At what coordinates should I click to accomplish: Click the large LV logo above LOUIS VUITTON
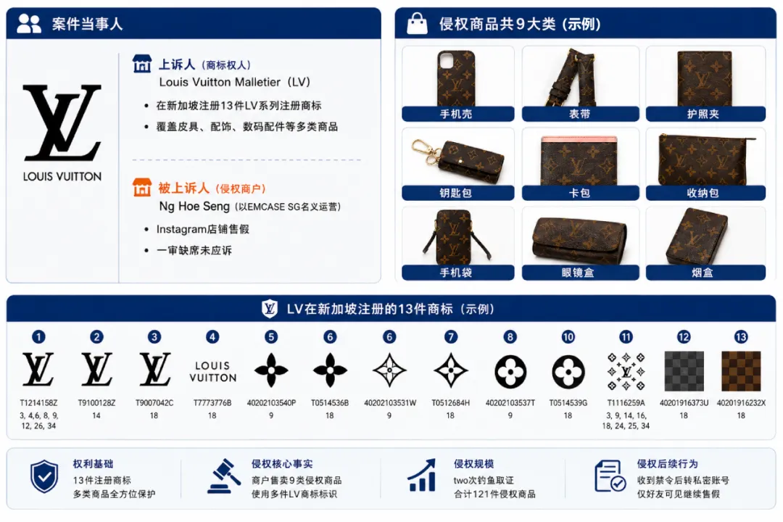coord(62,123)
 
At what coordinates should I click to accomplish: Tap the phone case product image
coord(456,78)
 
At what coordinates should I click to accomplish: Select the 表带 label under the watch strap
coord(580,114)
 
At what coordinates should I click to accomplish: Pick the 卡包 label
coord(580,193)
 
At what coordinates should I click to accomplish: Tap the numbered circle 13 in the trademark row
coord(741,337)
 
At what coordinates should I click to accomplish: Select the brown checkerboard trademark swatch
coord(742,371)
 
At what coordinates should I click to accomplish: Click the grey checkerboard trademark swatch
coord(684,371)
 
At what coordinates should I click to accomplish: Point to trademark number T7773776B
coord(212,402)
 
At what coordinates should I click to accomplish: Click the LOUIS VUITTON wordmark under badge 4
coord(212,372)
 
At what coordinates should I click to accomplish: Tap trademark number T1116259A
coord(626,402)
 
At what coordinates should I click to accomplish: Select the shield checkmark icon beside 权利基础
coord(44,476)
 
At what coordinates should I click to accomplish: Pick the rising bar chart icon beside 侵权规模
coord(423,475)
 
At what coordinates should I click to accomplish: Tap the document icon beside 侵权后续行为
coord(610,476)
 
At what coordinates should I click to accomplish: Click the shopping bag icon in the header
coord(417,23)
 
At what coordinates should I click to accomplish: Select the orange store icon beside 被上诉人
coord(142,188)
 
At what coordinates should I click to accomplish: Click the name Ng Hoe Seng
coord(194,207)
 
